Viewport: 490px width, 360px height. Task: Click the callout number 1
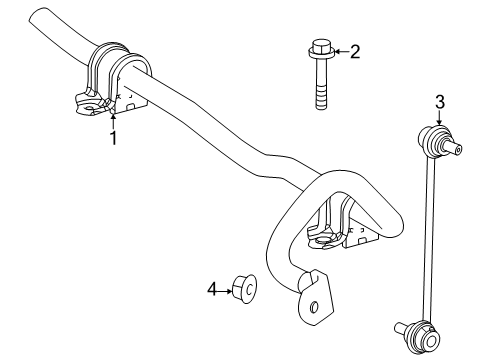114,138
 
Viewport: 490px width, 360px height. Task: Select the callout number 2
355,52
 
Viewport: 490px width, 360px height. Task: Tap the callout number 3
440,102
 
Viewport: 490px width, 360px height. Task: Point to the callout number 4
212,289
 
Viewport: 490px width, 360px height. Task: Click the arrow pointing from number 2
341,52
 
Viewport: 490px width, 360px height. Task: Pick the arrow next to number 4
225,291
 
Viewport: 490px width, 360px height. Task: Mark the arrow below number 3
439,118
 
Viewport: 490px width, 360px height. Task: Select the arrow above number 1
113,122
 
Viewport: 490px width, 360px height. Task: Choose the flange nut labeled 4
245,289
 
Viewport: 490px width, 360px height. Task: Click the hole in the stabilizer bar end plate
314,306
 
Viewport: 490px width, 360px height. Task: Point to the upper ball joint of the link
431,138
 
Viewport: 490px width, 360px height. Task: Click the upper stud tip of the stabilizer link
458,150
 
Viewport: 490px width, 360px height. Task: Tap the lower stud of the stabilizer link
402,329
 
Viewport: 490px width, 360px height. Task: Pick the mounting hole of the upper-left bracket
89,108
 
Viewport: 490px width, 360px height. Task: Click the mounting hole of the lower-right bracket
321,240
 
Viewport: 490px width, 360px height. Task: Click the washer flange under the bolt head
321,52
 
